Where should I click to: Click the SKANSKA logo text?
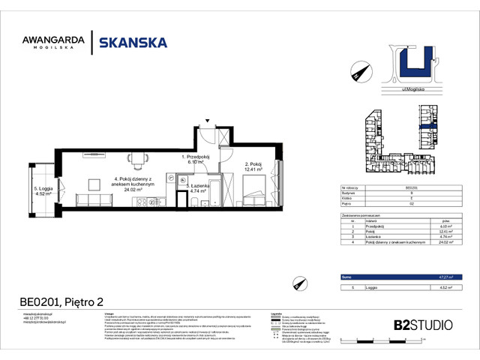click(x=133, y=43)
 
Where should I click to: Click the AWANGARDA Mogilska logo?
click(x=53, y=43)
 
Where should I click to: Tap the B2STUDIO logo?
click(x=423, y=325)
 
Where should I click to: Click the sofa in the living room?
click(x=82, y=199)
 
